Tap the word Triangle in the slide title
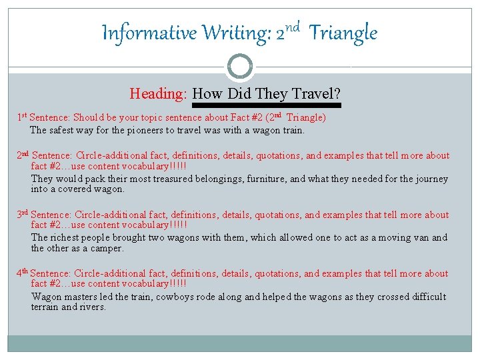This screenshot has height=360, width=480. (344, 33)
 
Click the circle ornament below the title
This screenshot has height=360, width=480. (240, 67)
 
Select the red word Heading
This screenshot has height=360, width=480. (158, 93)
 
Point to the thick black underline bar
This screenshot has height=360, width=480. (266, 105)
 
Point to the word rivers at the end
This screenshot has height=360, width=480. (93, 307)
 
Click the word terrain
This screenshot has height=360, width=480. (45, 307)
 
